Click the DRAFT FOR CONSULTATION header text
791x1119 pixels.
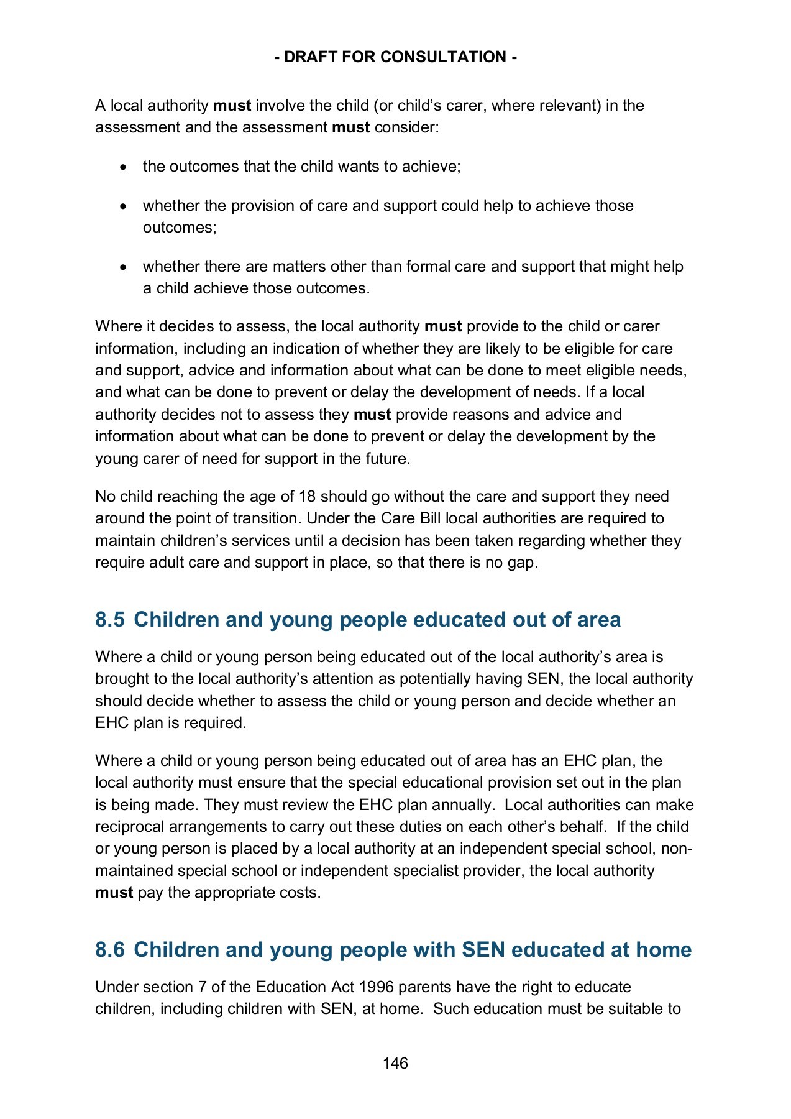pyautogui.click(x=395, y=57)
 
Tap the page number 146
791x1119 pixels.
pyautogui.click(x=395, y=1063)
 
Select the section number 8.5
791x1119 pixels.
pyautogui.click(x=110, y=620)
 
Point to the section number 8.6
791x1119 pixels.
pyautogui.click(x=110, y=950)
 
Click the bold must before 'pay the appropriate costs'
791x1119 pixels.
pyautogui.click(x=114, y=893)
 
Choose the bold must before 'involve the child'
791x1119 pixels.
pyautogui.click(x=232, y=106)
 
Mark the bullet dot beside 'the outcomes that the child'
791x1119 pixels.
pyautogui.click(x=125, y=167)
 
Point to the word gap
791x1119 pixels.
pyautogui.click(x=521, y=563)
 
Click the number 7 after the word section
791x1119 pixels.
pyautogui.click(x=203, y=987)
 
